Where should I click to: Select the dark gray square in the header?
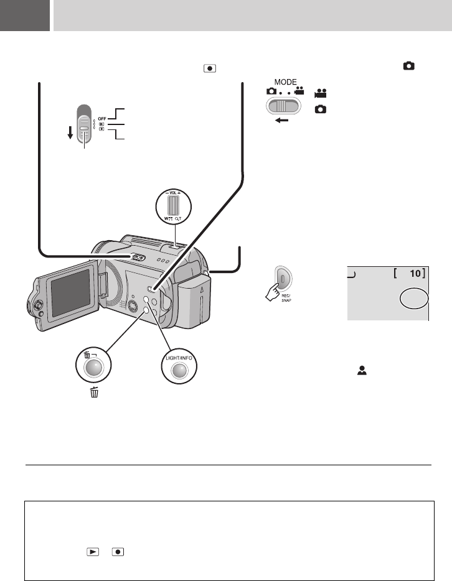(25, 16)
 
